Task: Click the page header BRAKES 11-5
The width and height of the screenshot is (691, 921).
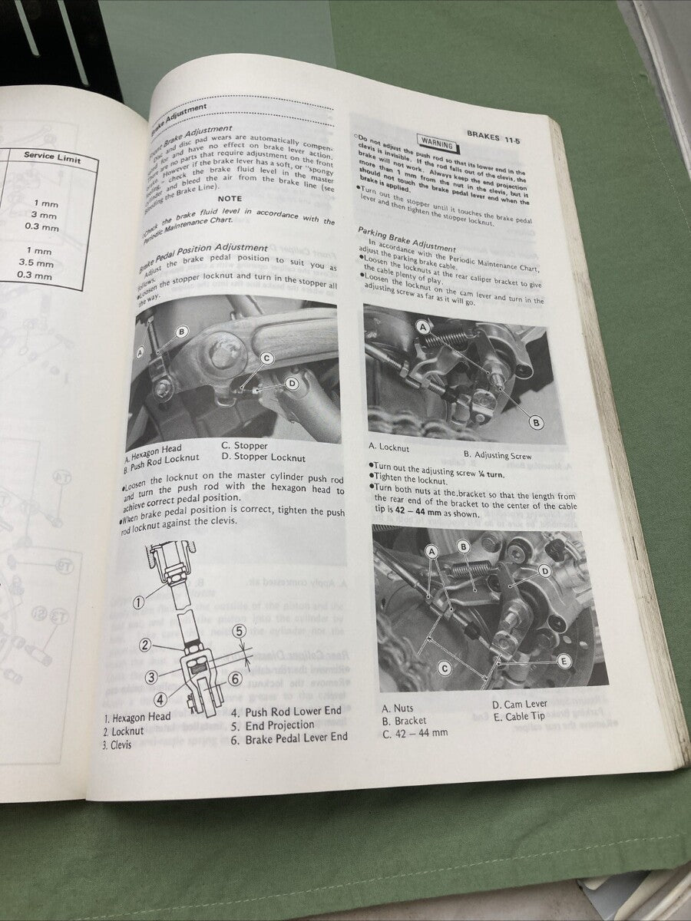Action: (498, 134)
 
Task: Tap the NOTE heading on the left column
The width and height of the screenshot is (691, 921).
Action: (230, 197)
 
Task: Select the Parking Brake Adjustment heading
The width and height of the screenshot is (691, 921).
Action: (406, 239)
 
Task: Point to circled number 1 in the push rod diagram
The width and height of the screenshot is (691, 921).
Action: (138, 602)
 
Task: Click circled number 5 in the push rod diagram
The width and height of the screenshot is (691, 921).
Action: (239, 632)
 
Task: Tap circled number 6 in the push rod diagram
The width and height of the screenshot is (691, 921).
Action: (234, 679)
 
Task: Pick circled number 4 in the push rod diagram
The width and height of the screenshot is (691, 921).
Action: (159, 700)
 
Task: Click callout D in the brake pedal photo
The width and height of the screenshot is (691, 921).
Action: (292, 382)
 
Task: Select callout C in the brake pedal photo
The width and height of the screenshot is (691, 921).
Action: (266, 358)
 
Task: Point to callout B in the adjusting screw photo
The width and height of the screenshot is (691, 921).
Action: (536, 422)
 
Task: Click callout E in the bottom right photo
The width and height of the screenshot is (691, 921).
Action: (564, 660)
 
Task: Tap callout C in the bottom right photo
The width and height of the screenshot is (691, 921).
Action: (444, 668)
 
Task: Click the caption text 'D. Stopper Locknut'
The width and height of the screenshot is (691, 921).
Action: (263, 457)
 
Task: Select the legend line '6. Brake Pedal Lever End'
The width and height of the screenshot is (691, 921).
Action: (289, 737)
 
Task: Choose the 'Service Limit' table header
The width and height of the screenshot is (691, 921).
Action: (51, 157)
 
